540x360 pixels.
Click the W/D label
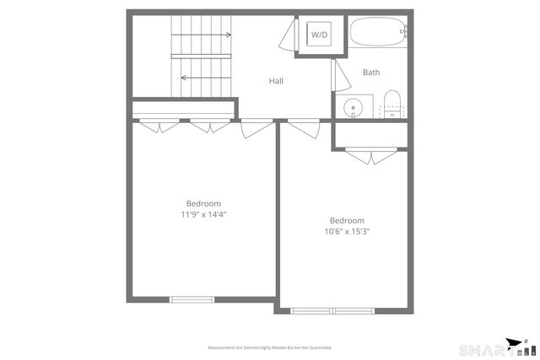coord(319,35)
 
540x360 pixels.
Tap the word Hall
coord(276,81)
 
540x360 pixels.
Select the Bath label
coord(371,73)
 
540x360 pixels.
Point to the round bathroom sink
coord(354,107)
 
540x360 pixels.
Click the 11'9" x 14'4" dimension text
coord(203,214)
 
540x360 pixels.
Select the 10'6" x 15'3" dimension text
coord(347,232)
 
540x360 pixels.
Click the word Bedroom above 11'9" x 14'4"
coord(203,203)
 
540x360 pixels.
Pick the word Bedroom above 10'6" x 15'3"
coord(347,221)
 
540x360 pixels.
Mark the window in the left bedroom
coord(192,299)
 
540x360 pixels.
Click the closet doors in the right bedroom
coord(370,155)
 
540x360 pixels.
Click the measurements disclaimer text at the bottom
coord(270,347)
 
